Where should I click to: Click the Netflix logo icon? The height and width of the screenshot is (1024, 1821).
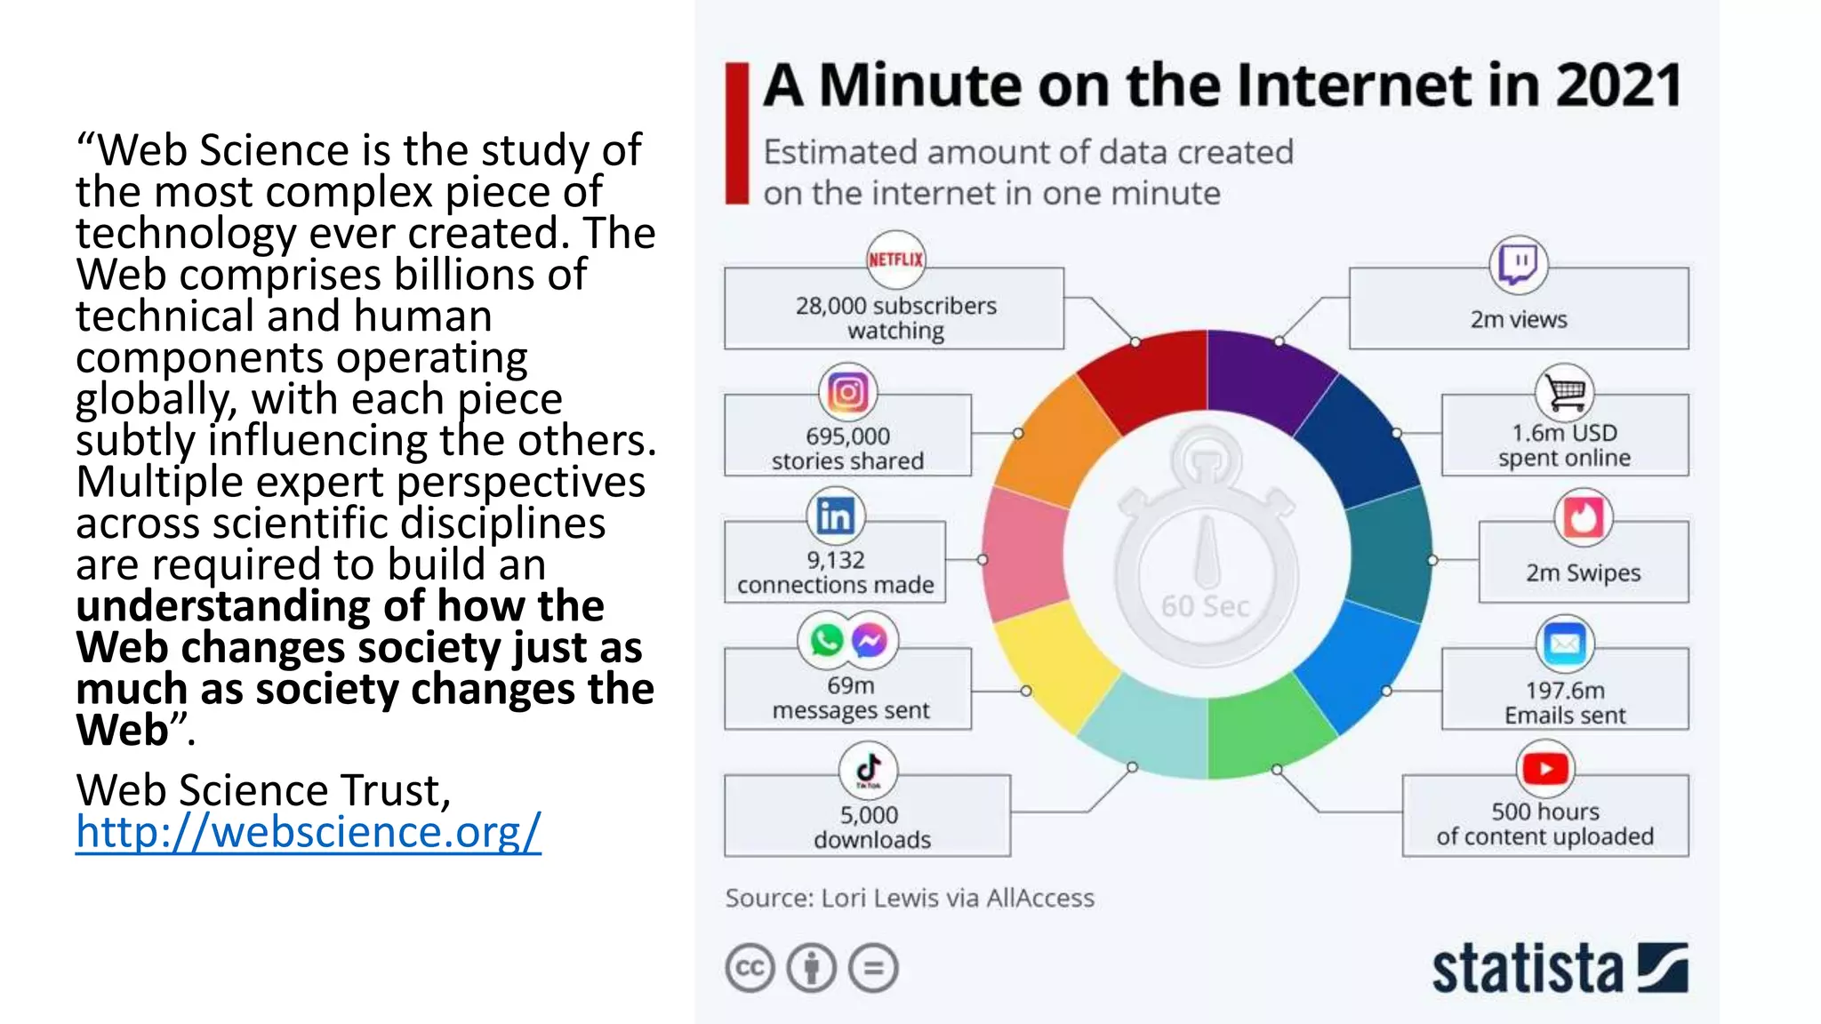coord(895,260)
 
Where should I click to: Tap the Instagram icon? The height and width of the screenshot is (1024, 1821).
coord(847,392)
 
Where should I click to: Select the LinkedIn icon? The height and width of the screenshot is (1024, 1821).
coord(835,516)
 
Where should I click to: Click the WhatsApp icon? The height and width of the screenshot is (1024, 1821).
coord(826,640)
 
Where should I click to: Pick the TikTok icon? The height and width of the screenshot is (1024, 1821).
coord(869,769)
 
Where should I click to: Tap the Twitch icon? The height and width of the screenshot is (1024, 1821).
coord(1518,264)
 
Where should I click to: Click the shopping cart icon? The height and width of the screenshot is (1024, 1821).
coord(1564,392)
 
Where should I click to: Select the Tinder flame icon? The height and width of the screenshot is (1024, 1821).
coord(1583,517)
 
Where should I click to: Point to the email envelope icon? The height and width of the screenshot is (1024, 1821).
coord(1565,644)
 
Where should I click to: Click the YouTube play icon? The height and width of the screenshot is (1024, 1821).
coord(1545,769)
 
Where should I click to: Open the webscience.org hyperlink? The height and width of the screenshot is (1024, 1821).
coord(308,832)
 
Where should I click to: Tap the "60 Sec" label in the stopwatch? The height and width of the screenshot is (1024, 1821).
coord(1205,606)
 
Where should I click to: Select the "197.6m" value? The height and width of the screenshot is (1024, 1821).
coord(1565,691)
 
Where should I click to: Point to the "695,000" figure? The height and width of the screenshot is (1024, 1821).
coord(847,436)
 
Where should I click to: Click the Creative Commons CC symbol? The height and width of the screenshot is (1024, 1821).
coord(750,968)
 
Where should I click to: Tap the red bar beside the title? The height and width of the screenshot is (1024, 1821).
coord(736,133)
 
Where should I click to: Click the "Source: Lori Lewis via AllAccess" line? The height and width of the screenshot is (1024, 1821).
coord(910,898)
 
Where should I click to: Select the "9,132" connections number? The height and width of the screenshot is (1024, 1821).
coord(835,560)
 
